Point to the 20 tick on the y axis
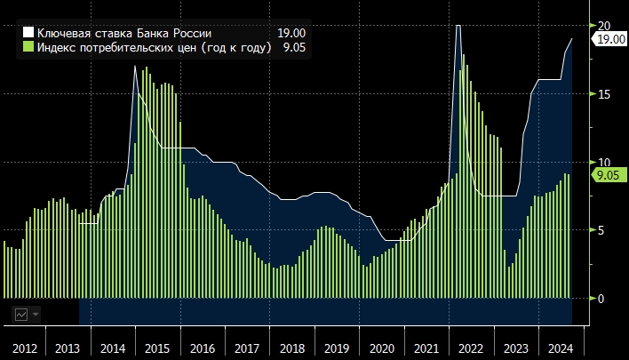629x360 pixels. tap(606, 25)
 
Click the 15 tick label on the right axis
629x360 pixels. tap(606, 93)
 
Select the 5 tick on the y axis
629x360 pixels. tap(602, 230)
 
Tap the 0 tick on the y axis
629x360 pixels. tap(602, 299)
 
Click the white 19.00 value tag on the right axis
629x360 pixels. tap(609, 40)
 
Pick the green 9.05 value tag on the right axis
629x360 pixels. tap(608, 175)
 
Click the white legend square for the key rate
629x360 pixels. tap(28, 33)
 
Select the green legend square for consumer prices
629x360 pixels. tap(28, 47)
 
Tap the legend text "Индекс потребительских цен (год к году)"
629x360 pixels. tap(154, 47)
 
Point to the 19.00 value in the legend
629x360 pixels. tap(291, 33)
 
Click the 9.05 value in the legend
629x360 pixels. tap(294, 47)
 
